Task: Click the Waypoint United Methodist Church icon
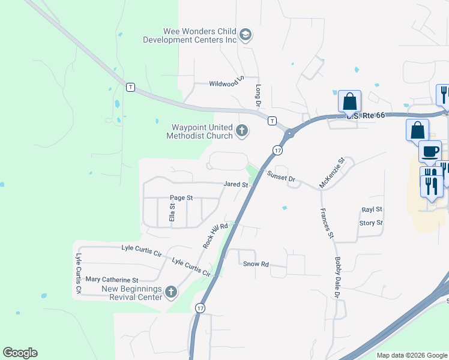pos(242,131)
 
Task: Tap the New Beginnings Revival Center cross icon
pos(171,292)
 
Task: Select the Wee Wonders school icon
pos(245,35)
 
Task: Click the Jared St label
pos(236,185)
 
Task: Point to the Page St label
pos(181,197)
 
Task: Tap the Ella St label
pos(172,214)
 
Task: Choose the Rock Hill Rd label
pos(215,235)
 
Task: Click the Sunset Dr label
pos(282,178)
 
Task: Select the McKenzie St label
pos(332,173)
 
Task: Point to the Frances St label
pos(327,223)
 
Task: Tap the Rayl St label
pos(372,209)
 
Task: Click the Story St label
pos(371,223)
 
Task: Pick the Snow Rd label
pos(255,263)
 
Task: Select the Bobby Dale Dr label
pos(337,277)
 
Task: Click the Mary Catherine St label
pos(112,280)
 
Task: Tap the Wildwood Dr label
pos(225,83)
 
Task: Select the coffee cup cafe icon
pos(430,151)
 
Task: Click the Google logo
pos(20,353)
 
